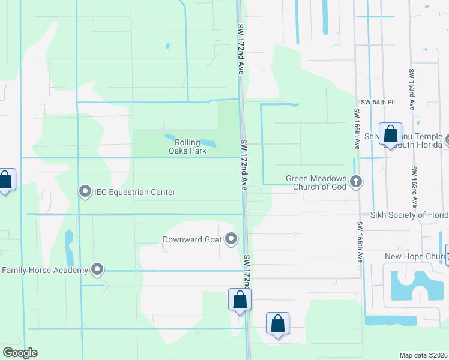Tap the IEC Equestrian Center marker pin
coord(85,192)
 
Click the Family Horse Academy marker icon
coord(97,270)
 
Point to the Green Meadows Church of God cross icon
coord(356,182)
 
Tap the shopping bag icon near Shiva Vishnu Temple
coord(390,135)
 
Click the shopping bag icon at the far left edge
coord(5,179)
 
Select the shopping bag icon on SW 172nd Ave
coord(240,299)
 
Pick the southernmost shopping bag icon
coord(277,324)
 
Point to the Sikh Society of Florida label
coord(409,215)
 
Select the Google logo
coord(20,353)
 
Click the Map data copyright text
coord(423,355)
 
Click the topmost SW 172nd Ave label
coord(240,49)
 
